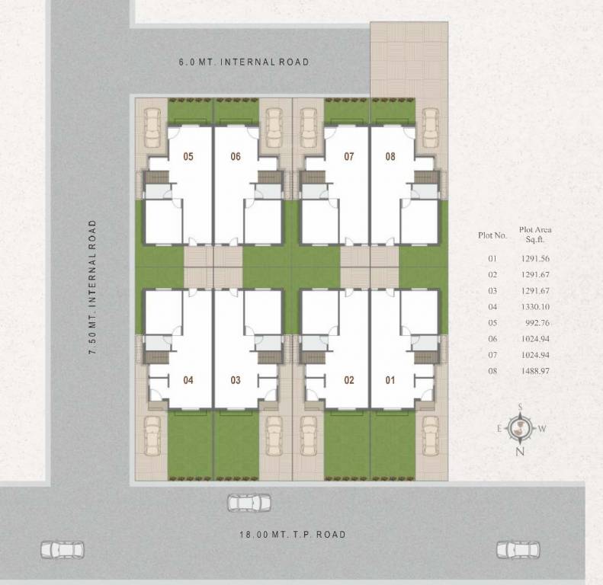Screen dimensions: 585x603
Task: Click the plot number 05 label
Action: (x=188, y=157)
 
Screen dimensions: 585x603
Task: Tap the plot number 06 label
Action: (x=236, y=157)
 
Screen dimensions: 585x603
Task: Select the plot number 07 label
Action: (x=349, y=157)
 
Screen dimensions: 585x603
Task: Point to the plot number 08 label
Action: (x=390, y=157)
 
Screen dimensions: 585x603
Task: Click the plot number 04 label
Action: (x=188, y=380)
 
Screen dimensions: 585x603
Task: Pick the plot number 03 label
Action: (x=236, y=380)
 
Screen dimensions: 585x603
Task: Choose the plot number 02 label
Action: (x=349, y=380)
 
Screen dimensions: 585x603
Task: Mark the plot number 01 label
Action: (x=390, y=380)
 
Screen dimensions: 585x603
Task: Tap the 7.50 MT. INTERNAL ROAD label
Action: (x=93, y=287)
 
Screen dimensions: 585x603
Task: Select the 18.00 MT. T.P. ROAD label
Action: (x=290, y=535)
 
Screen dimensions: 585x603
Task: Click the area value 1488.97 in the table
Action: (x=534, y=371)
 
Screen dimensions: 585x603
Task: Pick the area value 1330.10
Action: (x=534, y=307)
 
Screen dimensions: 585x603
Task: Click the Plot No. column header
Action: (x=492, y=235)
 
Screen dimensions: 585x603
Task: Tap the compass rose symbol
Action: (x=521, y=428)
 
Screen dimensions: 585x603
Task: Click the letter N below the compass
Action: (x=521, y=452)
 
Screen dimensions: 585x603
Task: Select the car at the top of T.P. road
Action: (x=249, y=503)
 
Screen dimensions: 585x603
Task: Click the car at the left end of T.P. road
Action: (x=63, y=548)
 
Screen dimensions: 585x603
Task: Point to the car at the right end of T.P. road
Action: (x=518, y=548)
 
